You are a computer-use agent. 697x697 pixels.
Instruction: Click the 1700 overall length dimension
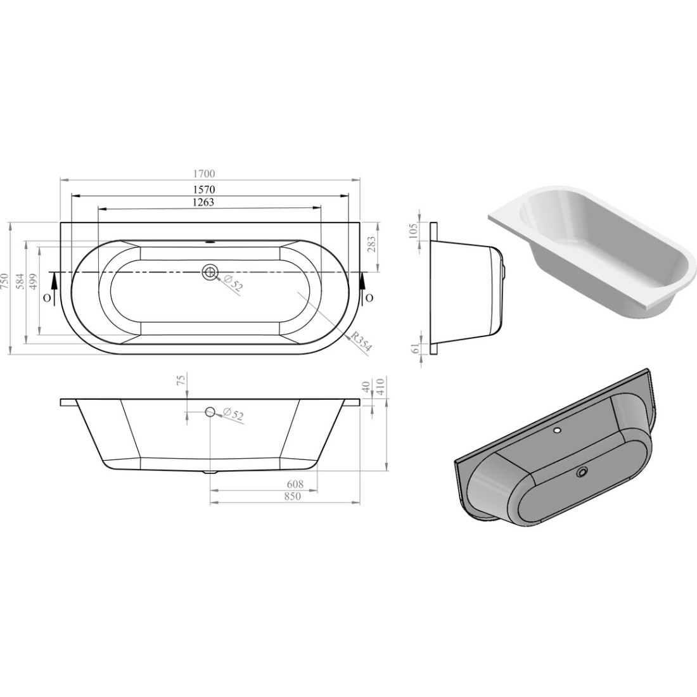(204, 174)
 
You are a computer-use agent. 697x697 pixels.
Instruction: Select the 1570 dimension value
(204, 189)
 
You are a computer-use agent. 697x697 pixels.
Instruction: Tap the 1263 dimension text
(203, 202)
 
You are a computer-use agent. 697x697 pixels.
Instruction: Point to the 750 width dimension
(4, 288)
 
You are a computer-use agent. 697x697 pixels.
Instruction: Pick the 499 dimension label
(34, 282)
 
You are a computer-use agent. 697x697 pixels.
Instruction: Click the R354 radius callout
(361, 342)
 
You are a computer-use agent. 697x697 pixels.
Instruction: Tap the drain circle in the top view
(209, 271)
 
